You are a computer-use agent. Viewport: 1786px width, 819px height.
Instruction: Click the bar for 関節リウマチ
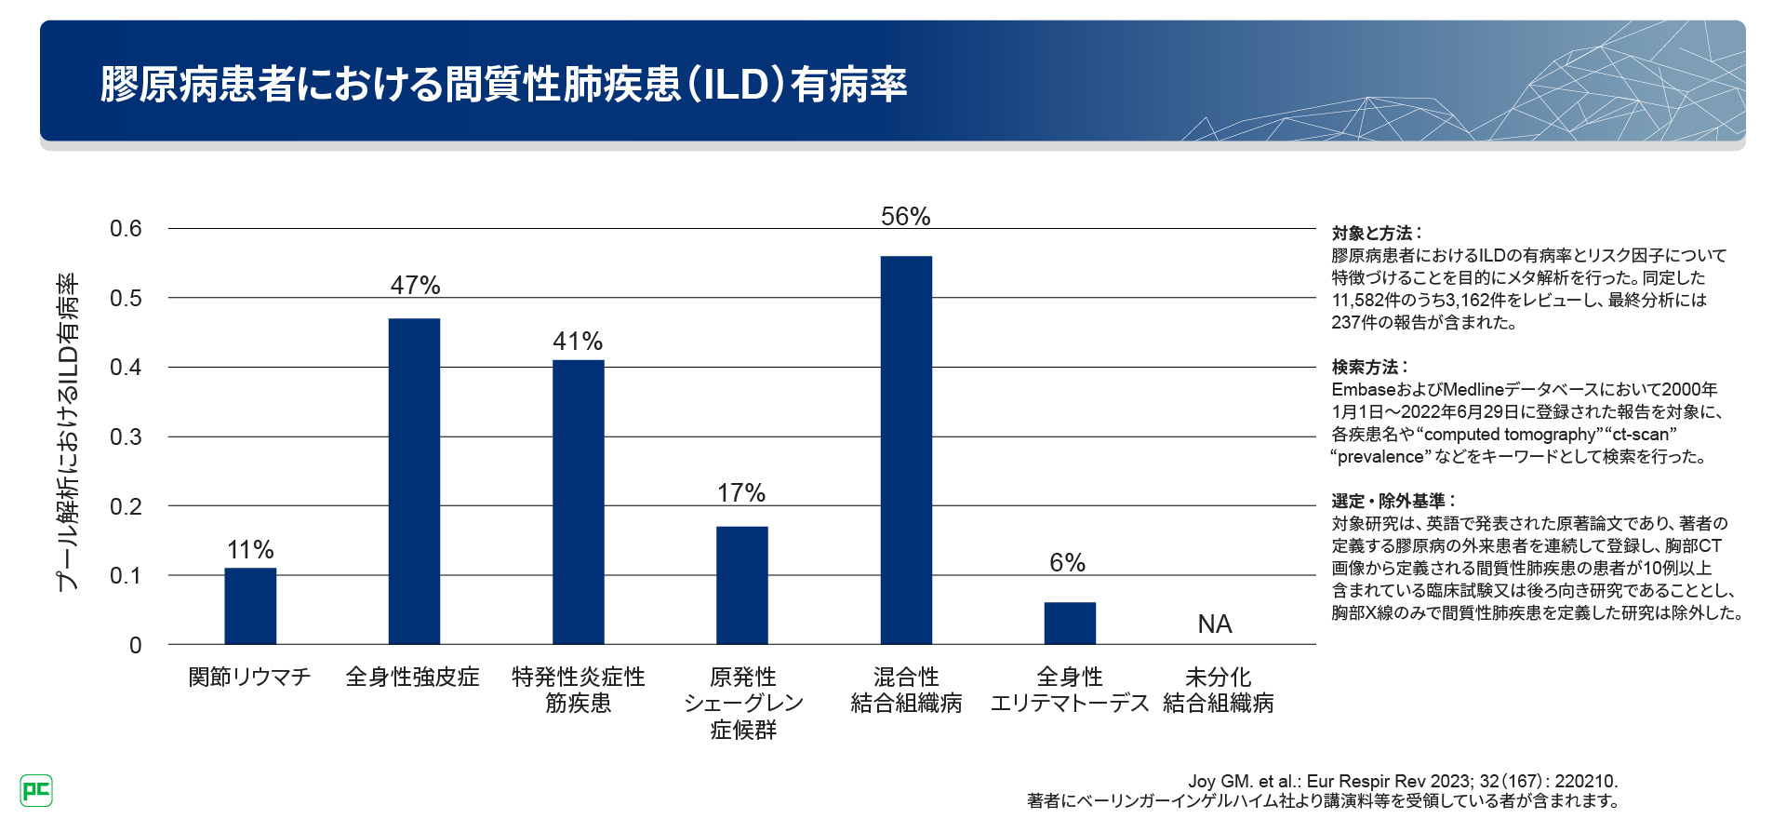250,606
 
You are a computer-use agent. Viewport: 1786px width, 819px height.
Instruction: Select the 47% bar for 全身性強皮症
414,481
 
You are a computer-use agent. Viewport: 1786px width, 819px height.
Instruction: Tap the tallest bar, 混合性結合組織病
906,450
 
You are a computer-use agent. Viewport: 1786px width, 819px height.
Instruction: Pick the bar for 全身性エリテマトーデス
1070,624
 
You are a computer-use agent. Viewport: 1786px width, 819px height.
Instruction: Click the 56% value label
906,217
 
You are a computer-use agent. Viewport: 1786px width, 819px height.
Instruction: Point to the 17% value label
741,493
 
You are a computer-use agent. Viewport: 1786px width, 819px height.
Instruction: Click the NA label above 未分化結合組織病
1215,624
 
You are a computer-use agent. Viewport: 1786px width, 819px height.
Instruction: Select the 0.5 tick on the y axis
126,299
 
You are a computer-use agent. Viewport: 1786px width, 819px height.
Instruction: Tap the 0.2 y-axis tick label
126,507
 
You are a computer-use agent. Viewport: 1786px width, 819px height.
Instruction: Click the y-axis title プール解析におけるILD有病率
67,433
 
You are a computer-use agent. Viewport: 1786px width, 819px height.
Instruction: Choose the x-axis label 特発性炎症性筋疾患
578,690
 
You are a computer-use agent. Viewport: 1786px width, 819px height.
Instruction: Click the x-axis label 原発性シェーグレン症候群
742,703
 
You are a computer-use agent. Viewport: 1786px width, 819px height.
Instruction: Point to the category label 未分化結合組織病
1218,690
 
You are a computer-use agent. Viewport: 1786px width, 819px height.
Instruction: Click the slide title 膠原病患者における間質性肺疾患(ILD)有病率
503,84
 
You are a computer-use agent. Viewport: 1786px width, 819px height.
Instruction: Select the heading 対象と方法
1375,233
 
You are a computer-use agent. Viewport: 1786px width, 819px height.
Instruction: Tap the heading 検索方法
1368,367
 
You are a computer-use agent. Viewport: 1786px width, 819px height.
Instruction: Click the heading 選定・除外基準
1392,501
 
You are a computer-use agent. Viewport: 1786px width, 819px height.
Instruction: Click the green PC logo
36,791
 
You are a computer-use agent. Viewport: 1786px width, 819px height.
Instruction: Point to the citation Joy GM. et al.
1403,781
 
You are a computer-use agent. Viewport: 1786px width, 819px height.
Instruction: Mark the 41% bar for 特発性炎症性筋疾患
578,502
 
